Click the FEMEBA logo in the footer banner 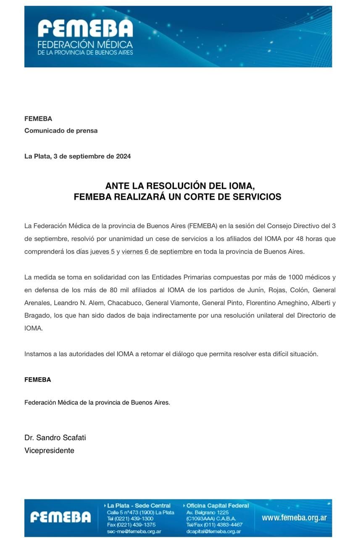(x=60, y=517)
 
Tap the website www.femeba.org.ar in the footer (x=294, y=518)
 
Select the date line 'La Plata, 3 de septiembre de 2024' (x=78, y=156)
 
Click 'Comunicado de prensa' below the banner (x=61, y=131)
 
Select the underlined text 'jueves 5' (x=102, y=252)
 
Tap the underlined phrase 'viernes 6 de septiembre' (x=157, y=252)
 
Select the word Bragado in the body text (x=37, y=316)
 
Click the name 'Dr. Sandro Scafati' (x=55, y=438)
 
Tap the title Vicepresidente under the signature (x=49, y=451)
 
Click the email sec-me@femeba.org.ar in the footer (x=134, y=531)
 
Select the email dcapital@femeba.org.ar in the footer (x=213, y=531)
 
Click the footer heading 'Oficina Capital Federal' (x=218, y=506)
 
